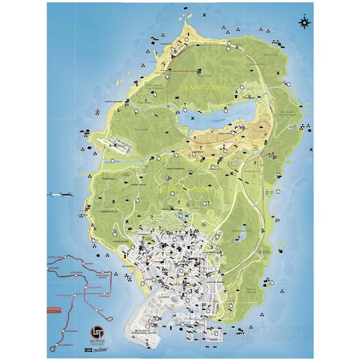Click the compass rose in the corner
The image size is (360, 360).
point(305,22)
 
